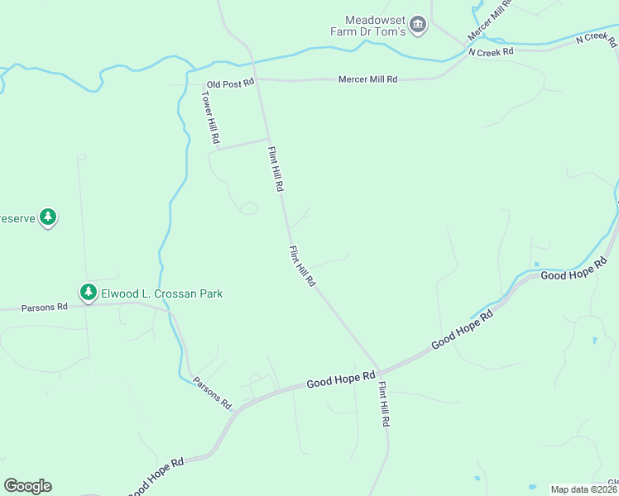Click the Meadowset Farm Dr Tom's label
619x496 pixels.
pos(375,26)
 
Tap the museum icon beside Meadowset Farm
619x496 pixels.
pos(419,25)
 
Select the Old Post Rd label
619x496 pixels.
pos(230,84)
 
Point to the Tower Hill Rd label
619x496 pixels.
pos(209,117)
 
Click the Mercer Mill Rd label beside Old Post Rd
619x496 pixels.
pos(367,79)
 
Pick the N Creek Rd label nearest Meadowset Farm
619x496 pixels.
pos(491,51)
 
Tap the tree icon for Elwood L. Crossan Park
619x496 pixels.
pos(89,292)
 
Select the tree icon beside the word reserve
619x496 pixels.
pos(49,217)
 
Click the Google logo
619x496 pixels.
pos(27,486)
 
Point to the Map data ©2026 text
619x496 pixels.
pos(583,489)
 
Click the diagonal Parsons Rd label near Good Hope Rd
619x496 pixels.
pos(213,393)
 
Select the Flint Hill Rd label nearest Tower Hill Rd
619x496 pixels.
pos(276,169)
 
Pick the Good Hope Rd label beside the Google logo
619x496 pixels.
pos(155,478)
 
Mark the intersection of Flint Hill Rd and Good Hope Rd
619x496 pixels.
pos(379,370)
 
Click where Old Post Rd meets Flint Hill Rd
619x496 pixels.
pos(257,81)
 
